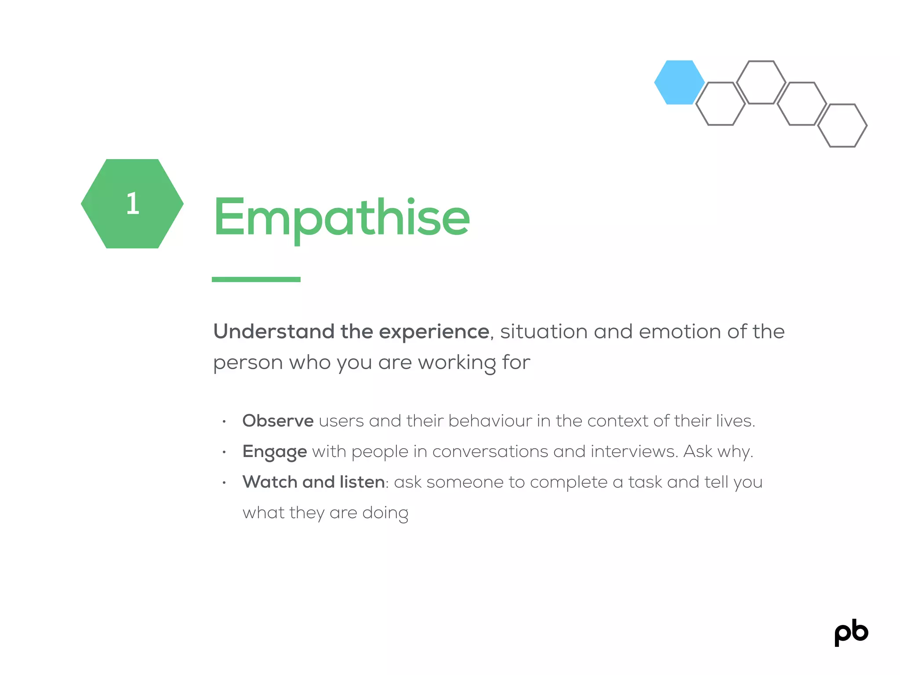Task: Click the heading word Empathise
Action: tap(341, 218)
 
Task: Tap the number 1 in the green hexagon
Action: tap(132, 204)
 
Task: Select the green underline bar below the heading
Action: tap(256, 279)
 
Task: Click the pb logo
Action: tap(851, 633)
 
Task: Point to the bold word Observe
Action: tap(278, 421)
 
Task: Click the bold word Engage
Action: tap(275, 452)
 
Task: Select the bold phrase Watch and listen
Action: tap(314, 482)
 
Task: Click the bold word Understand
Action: tap(274, 331)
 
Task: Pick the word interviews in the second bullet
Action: tap(633, 451)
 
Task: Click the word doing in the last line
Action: tap(385, 513)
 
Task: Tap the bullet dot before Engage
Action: tap(224, 452)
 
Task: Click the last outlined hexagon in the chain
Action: tap(842, 126)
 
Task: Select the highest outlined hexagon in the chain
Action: tap(761, 82)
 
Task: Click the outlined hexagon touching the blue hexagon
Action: tap(720, 104)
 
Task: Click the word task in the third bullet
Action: tap(645, 482)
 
